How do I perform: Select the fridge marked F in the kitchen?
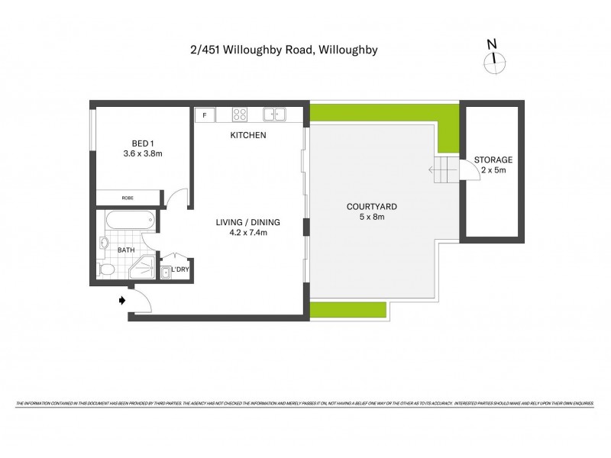205,115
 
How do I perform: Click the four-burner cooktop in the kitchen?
240,115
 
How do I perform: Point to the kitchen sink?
274,115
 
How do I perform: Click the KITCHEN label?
248,136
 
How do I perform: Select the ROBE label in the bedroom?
128,198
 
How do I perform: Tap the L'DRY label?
180,269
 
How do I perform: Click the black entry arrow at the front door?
121,301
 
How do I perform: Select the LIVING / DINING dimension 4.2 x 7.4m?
247,233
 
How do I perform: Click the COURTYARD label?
371,207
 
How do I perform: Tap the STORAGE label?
493,160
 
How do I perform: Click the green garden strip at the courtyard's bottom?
348,310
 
